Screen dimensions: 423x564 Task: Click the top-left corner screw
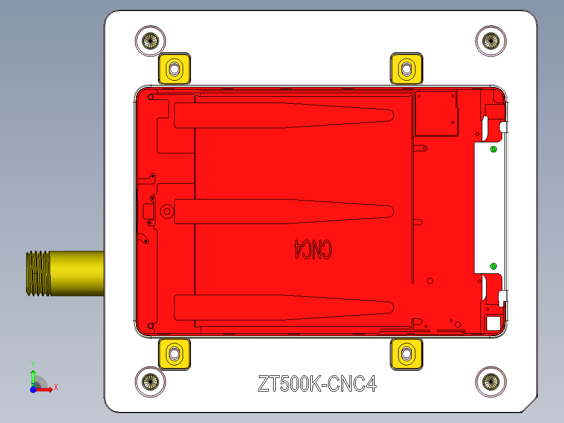click(x=151, y=40)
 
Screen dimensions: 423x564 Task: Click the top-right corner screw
click(x=491, y=40)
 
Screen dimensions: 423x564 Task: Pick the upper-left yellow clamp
click(x=174, y=69)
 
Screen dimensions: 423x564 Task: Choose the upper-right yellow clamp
click(x=407, y=68)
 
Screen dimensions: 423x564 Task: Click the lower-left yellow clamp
click(x=174, y=354)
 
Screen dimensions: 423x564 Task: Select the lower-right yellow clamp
click(x=407, y=354)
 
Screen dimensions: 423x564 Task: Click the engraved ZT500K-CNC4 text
click(x=318, y=385)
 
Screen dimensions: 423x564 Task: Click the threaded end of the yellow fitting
click(x=38, y=274)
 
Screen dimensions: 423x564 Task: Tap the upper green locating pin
click(x=493, y=150)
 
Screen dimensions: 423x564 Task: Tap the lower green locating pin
click(x=493, y=266)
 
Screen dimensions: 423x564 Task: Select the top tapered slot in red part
click(x=283, y=116)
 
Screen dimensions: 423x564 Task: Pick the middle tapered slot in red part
click(x=283, y=211)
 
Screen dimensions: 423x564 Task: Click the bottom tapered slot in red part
click(x=283, y=307)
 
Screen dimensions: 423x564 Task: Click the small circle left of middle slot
click(x=167, y=211)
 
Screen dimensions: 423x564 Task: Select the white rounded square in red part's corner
click(x=493, y=323)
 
